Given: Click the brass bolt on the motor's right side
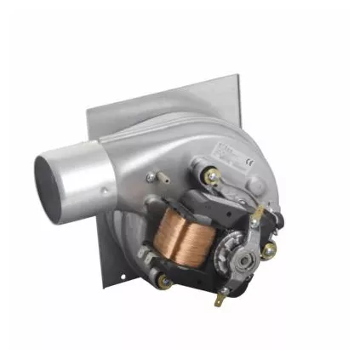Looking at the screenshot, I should click(x=270, y=250).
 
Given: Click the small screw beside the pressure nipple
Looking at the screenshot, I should click(x=151, y=177).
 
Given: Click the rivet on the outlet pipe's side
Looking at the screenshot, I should click(x=103, y=191).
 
